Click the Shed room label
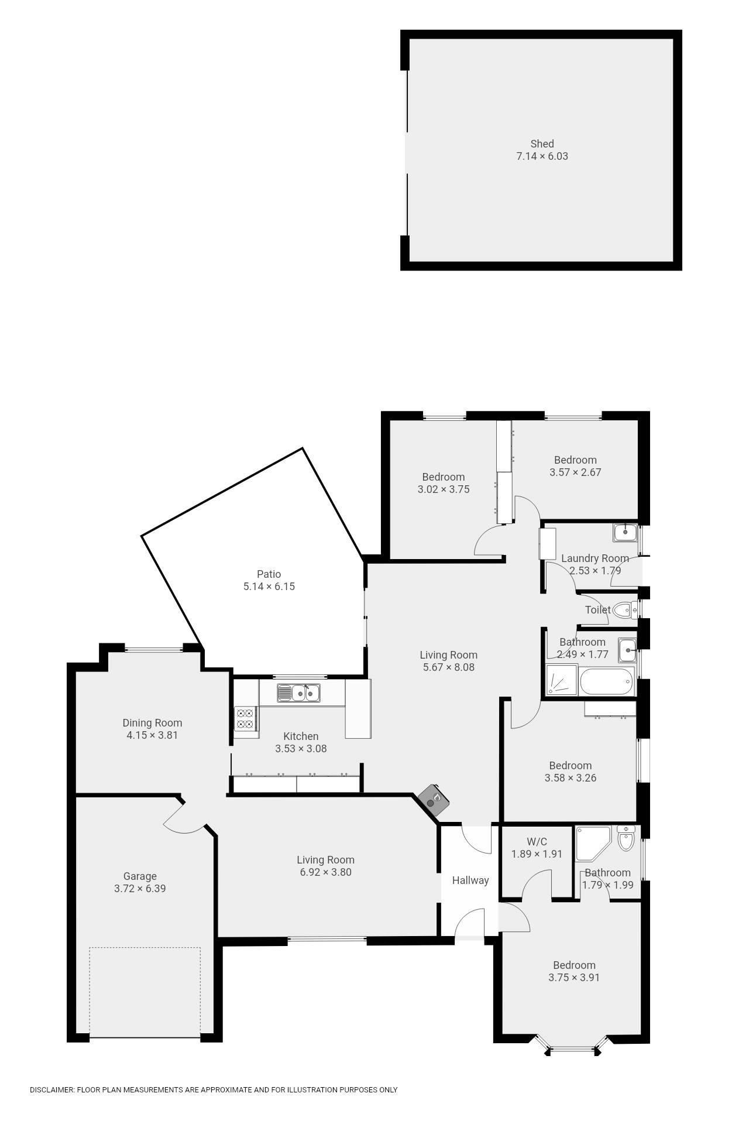coord(542,143)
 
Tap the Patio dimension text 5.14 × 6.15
coord(269,586)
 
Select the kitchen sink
coord(298,693)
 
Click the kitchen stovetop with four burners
coord(245,719)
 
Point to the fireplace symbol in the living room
coord(434,798)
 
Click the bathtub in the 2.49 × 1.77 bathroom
coord(607,681)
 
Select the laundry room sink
coord(625,533)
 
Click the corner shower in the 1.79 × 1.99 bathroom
coord(592,843)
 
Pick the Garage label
coord(140,876)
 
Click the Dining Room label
coord(152,722)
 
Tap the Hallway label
coord(470,880)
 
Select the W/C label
coord(537,842)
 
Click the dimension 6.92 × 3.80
coord(325,872)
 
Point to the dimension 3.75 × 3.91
coord(574,977)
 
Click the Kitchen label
coord(301,736)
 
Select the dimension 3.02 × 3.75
coord(444,489)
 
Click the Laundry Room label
coord(595,558)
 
